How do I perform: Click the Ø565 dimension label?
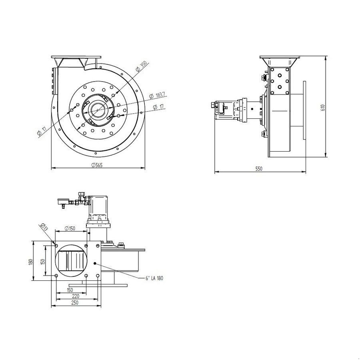(x=97, y=165)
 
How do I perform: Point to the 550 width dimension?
(x=259, y=169)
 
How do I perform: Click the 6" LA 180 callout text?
(x=154, y=278)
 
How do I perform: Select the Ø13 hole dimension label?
(x=44, y=228)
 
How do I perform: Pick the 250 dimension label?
(x=75, y=303)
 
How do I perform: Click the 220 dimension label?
(x=75, y=296)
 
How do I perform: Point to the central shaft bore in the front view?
(x=97, y=109)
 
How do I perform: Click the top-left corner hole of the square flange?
(x=56, y=245)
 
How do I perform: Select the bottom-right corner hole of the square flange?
(x=98, y=276)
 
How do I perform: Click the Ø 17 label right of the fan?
(x=160, y=107)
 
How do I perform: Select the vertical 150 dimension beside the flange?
(x=43, y=262)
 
